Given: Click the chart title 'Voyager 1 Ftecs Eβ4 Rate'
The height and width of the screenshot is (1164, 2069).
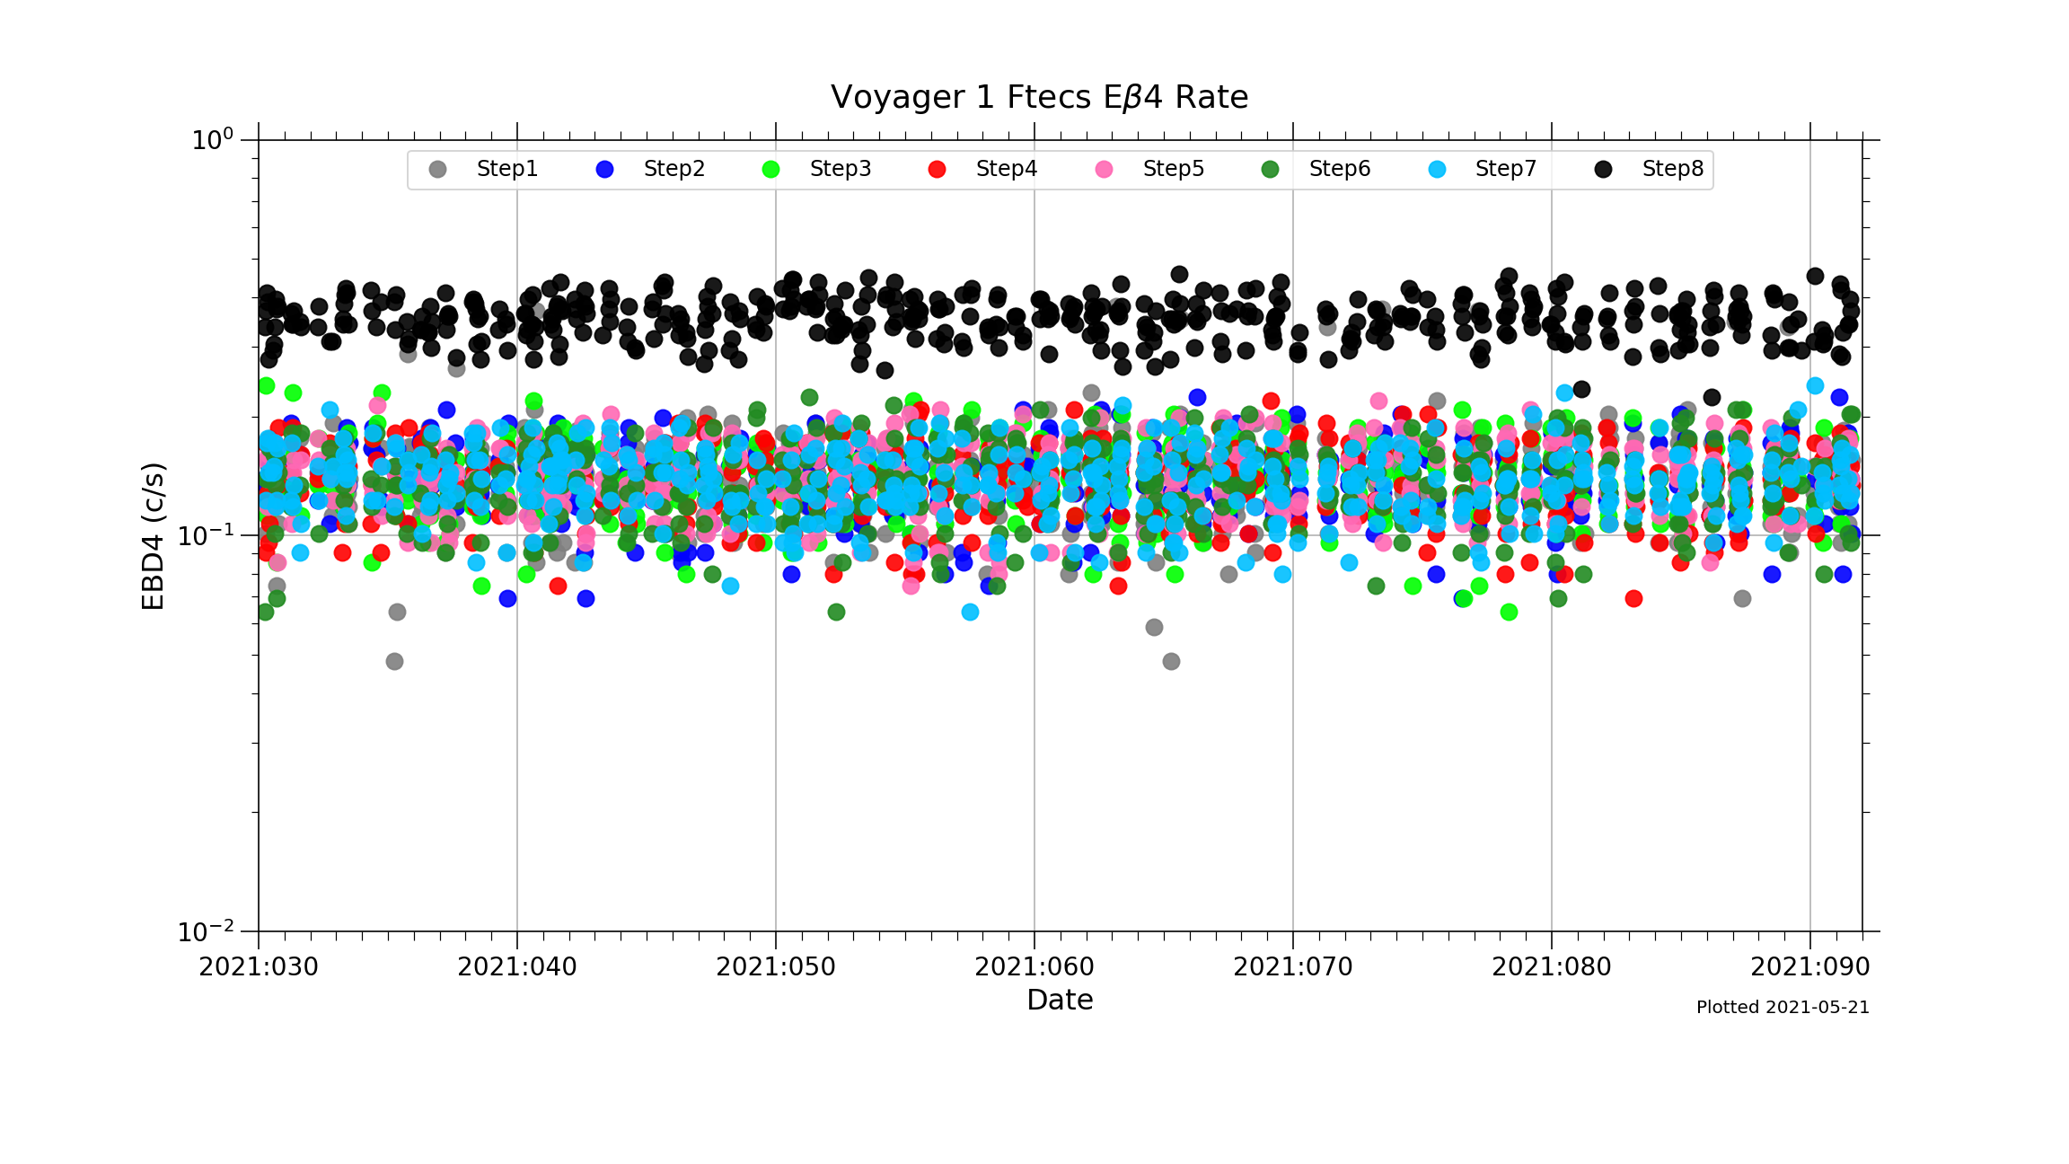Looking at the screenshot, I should (1039, 97).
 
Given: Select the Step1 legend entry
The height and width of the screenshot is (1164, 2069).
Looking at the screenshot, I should (506, 169).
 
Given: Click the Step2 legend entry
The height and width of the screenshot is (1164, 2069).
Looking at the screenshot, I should (673, 169).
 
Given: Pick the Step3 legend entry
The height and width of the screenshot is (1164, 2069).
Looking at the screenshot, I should (839, 169).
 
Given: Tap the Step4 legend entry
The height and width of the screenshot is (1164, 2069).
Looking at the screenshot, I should (1005, 169).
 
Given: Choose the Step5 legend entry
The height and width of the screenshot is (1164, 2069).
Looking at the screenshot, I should (1172, 169).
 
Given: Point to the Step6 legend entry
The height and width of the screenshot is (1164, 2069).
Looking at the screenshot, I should (1338, 169).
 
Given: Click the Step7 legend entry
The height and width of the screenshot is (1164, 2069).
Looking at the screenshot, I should (1504, 169).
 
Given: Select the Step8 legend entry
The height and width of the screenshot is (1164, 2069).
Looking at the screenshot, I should (1671, 169).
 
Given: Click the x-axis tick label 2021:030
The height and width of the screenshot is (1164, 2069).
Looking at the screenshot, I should (259, 967).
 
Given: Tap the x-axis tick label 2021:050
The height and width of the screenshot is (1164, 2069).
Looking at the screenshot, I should (776, 967).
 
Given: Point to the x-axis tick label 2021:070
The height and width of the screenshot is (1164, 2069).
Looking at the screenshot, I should (1293, 967).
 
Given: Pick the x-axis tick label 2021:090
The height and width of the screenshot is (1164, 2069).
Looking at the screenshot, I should (1810, 967).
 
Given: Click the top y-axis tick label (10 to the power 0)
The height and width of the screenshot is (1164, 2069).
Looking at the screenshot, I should (212, 140).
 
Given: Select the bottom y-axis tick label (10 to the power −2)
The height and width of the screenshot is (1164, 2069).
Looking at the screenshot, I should (206, 931).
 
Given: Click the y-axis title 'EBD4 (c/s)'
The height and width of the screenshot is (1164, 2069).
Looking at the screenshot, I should (154, 536).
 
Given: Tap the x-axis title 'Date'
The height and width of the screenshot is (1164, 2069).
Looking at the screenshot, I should (1060, 1001).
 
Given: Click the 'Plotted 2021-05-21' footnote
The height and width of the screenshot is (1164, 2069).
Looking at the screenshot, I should (1783, 1008).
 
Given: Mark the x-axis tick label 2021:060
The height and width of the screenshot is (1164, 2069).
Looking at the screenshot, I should (1034, 967).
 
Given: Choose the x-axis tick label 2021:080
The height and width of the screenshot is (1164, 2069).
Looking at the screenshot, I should (1552, 967).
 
